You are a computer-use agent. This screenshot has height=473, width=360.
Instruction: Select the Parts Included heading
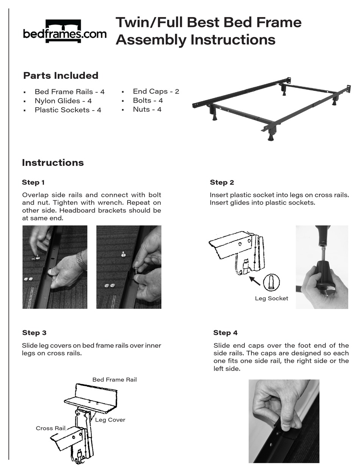(x=61, y=76)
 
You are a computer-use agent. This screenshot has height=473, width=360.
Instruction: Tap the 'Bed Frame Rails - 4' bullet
(x=69, y=92)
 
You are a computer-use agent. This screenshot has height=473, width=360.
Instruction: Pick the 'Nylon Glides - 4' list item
(x=63, y=101)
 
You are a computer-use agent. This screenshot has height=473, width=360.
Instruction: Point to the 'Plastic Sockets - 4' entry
(x=68, y=110)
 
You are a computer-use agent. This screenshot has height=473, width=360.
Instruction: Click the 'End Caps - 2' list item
(x=156, y=91)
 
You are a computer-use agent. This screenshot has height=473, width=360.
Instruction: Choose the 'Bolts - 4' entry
(x=148, y=100)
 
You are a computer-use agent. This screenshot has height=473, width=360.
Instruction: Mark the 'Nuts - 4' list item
(x=147, y=109)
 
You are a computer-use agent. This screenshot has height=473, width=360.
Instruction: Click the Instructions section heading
(x=53, y=163)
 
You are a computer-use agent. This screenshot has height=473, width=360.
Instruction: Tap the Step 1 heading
(x=33, y=183)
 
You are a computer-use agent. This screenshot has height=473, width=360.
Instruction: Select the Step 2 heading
(x=222, y=183)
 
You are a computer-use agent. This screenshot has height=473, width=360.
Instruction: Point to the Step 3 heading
(x=34, y=333)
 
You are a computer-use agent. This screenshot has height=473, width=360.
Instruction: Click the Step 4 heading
(x=225, y=333)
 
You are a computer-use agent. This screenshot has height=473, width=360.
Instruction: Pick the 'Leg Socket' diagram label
(x=271, y=298)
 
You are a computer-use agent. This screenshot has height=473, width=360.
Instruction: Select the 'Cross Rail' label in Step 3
(x=51, y=428)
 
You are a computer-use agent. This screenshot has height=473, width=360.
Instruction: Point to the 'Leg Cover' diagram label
(x=110, y=420)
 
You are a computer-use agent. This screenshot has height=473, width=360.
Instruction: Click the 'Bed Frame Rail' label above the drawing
(x=114, y=379)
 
